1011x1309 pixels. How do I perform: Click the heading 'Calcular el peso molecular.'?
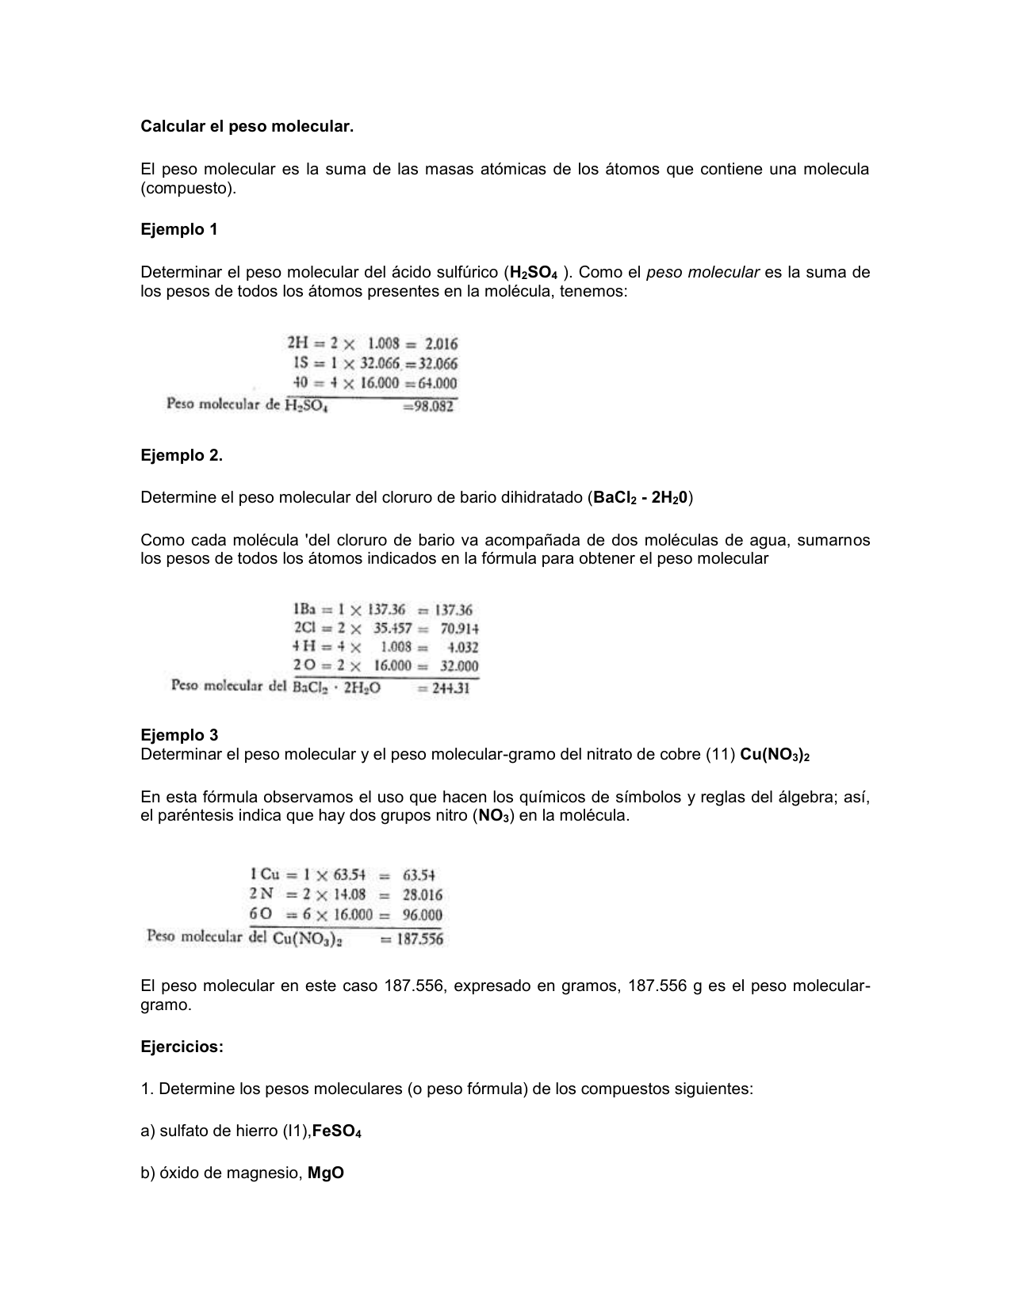tap(247, 127)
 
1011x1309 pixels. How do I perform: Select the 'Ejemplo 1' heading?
tap(179, 230)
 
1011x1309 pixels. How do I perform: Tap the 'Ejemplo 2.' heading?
tap(182, 456)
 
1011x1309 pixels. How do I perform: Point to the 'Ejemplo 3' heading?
tap(179, 735)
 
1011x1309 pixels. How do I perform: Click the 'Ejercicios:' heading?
tap(182, 1047)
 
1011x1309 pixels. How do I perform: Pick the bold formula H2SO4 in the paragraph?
tap(534, 274)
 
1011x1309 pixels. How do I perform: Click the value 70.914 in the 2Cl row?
tap(460, 629)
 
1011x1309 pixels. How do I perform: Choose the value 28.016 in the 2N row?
tap(423, 895)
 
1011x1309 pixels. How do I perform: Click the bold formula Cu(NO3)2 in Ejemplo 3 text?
tap(775, 755)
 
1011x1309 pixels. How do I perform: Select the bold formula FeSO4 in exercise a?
tap(337, 1131)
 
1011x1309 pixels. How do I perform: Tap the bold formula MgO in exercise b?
tap(326, 1173)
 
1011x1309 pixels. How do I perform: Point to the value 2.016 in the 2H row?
tap(441, 344)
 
